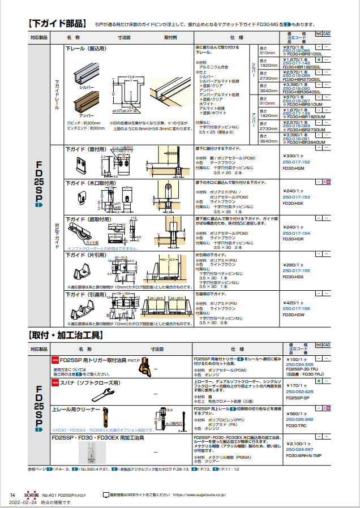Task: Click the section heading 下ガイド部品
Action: (57, 24)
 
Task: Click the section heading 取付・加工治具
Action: (65, 335)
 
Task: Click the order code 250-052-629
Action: (299, 391)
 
